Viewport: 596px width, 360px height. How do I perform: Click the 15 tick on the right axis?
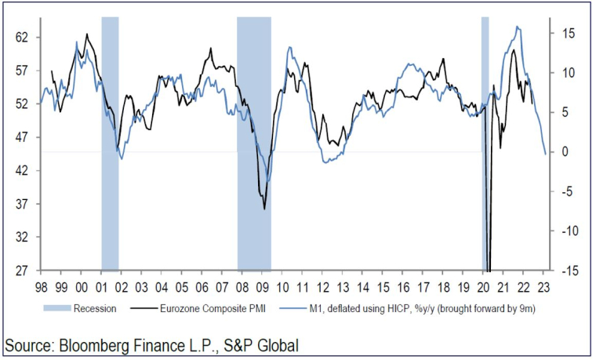pos(569,33)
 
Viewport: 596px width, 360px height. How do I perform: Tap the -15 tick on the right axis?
pos(569,270)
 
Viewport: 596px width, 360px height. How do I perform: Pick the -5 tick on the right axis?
pos(569,191)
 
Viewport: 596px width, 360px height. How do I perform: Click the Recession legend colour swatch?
pos(59,308)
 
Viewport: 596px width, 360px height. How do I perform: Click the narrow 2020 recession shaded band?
pos(485,141)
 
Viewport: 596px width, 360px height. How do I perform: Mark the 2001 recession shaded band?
pos(110,141)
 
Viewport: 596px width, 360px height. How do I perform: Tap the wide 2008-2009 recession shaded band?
pos(254,141)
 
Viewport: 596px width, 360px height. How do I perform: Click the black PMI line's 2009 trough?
pos(264,209)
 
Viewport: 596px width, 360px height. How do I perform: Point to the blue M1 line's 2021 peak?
pos(517,27)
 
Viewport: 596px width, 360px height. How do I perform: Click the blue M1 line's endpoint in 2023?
pos(545,155)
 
